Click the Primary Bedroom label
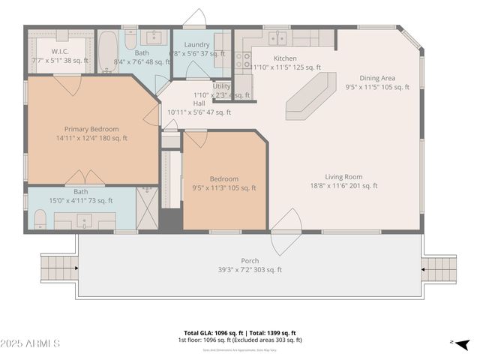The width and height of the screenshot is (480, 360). pyautogui.click(x=91, y=129)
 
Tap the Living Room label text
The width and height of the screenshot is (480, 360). pyautogui.click(x=343, y=177)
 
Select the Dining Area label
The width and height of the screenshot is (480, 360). pyautogui.click(x=377, y=78)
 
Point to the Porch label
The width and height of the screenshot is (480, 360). pyautogui.click(x=250, y=260)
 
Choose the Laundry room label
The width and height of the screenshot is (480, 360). pyautogui.click(x=196, y=45)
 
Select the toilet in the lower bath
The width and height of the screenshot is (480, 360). pyautogui.click(x=40, y=219)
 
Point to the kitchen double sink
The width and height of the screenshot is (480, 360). pyautogui.click(x=277, y=37)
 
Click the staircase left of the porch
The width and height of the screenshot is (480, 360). pyautogui.click(x=58, y=268)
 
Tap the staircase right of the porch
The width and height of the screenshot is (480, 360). pyautogui.click(x=439, y=268)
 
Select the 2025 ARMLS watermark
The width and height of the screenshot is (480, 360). pyautogui.click(x=31, y=343)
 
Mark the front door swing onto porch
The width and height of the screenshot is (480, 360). pyautogui.click(x=286, y=232)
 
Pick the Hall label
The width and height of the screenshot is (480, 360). pyautogui.click(x=199, y=103)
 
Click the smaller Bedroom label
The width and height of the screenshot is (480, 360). pyautogui.click(x=224, y=178)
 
